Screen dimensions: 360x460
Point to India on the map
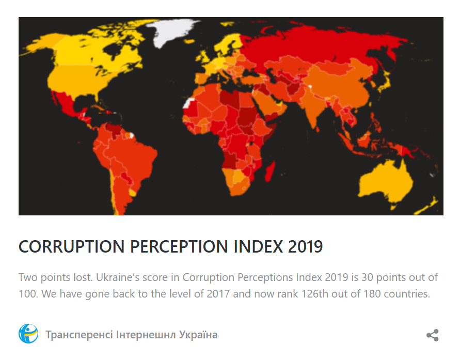(314, 111)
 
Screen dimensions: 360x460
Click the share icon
(432, 335)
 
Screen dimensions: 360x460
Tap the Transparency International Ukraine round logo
(28, 334)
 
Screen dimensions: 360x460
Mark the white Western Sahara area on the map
(190, 102)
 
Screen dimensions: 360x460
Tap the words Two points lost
(55, 277)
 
